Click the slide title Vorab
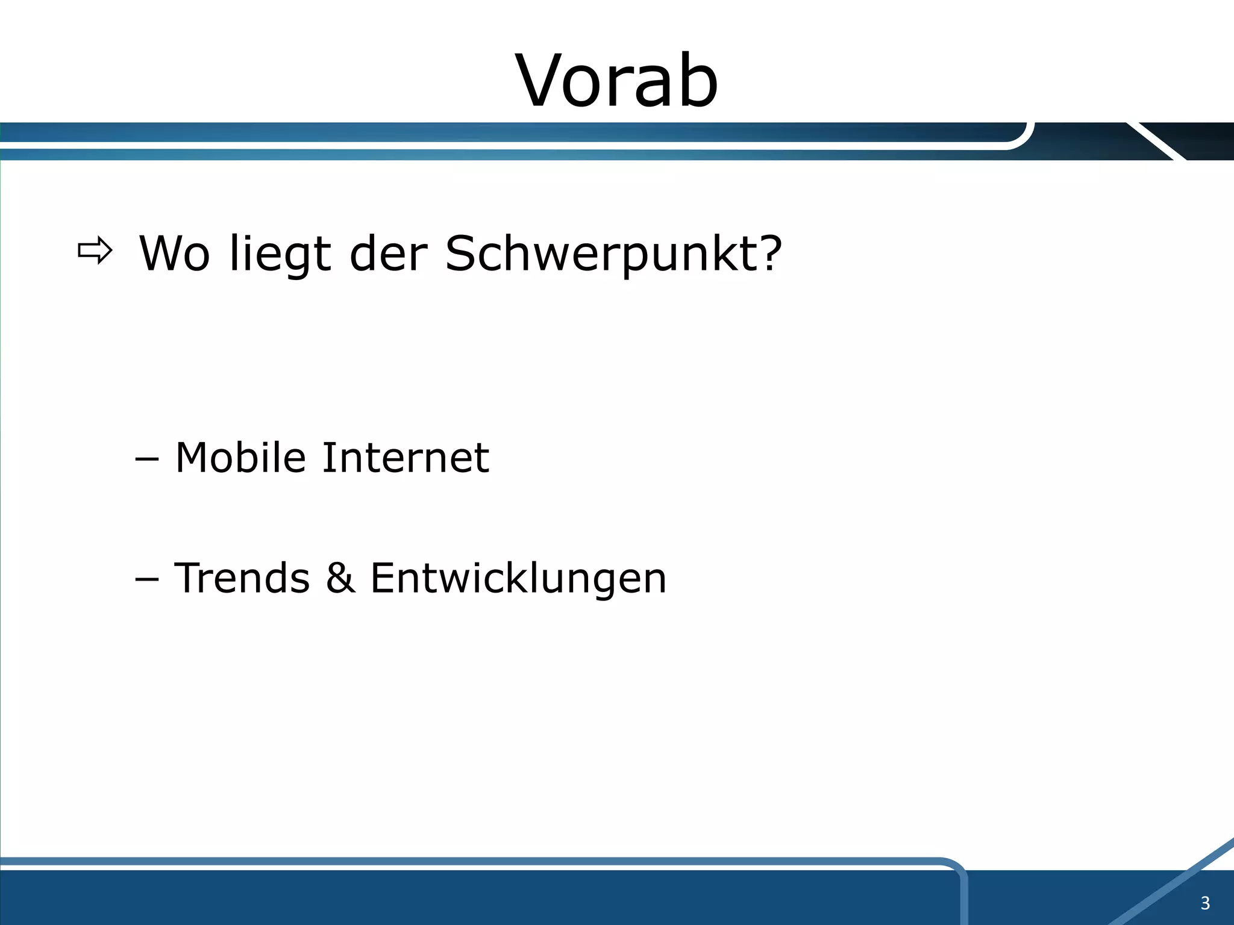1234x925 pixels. (616, 81)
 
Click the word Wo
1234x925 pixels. (175, 254)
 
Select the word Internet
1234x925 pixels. (406, 458)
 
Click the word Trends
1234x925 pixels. (242, 578)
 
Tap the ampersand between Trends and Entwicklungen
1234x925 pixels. (340, 578)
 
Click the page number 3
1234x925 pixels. (1205, 903)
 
